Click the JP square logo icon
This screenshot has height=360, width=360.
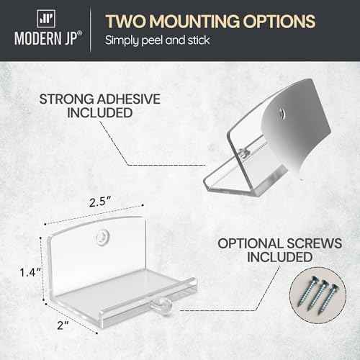(x=46, y=19)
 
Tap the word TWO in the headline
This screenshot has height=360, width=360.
(x=125, y=21)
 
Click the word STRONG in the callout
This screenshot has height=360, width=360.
(x=67, y=99)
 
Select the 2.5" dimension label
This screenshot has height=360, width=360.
(x=100, y=202)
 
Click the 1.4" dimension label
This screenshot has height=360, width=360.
(x=30, y=272)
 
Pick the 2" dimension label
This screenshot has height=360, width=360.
(x=63, y=325)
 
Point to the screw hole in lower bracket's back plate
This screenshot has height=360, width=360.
(x=102, y=238)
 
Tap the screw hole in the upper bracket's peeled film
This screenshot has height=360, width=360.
(x=282, y=112)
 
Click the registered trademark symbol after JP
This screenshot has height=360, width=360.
(x=79, y=33)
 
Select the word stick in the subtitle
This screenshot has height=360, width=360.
(x=199, y=40)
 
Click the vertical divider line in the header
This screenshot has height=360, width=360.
(x=90, y=30)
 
